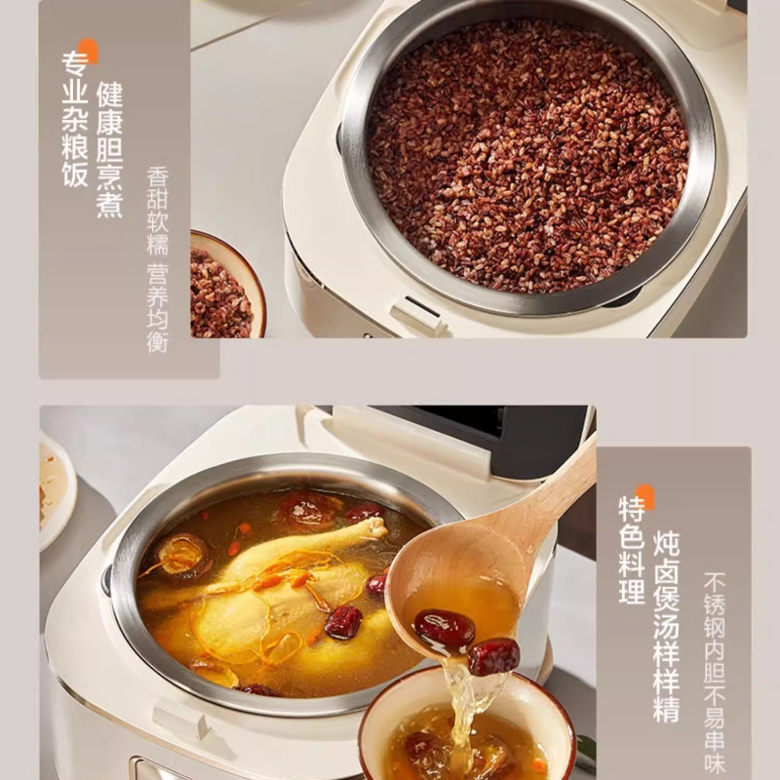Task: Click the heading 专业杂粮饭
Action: click(75, 119)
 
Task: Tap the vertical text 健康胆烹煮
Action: click(110, 149)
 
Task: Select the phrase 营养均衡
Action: click(158, 308)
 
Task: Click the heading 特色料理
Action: click(631, 549)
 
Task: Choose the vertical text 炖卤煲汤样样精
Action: click(666, 627)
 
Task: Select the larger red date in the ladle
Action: click(445, 628)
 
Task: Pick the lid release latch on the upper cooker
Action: click(418, 313)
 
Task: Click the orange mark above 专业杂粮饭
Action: click(88, 50)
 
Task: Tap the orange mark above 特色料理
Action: click(644, 496)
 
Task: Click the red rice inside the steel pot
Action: click(527, 157)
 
